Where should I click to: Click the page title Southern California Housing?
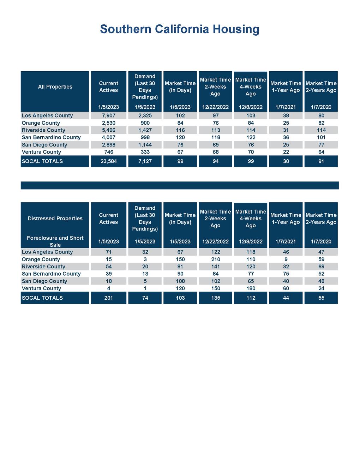[x=180, y=29]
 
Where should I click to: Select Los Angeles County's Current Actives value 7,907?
[x=108, y=115]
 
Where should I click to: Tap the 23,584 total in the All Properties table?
[x=108, y=161]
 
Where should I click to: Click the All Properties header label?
[x=55, y=87]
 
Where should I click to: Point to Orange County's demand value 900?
[x=145, y=123]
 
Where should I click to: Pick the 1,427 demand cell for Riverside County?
[x=145, y=130]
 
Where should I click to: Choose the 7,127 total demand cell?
[x=145, y=161]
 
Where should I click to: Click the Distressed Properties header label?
[x=55, y=219]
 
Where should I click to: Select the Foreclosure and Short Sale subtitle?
[x=55, y=241]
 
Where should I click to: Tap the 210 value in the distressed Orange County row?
[x=215, y=259]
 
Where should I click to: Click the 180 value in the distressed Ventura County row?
[x=251, y=288]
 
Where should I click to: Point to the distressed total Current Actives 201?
[x=108, y=298]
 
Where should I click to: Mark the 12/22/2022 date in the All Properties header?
[x=215, y=107]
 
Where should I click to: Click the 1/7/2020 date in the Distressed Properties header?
[x=321, y=242]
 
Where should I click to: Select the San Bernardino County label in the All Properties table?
[x=51, y=137]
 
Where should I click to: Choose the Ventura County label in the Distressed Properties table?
[x=41, y=288]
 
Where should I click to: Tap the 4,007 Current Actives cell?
[x=108, y=137]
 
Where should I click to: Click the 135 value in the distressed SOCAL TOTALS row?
[x=215, y=298]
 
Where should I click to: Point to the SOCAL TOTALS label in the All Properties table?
[x=42, y=161]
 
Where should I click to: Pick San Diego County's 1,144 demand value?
[x=145, y=145]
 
